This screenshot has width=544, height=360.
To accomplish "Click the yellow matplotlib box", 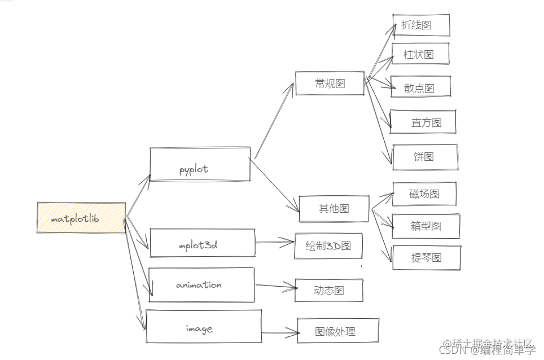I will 81,218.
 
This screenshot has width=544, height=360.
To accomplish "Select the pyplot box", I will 200,165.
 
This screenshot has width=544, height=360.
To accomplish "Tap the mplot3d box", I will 202,244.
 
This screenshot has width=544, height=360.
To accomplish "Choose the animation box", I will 201,285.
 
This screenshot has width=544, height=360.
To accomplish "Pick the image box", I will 203,327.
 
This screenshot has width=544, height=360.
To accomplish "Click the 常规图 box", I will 330,84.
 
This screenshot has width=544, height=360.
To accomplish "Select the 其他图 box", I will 334,208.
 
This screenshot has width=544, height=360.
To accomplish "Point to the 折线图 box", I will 421,25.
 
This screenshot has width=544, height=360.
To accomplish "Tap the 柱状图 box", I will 421,54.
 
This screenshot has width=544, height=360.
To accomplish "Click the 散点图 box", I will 421,87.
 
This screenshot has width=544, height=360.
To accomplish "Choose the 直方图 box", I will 423,122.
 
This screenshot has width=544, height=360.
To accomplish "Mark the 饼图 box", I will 424,157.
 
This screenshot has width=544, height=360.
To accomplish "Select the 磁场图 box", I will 424,194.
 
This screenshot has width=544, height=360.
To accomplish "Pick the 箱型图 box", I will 425,226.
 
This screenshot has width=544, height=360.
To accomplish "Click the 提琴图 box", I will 426,258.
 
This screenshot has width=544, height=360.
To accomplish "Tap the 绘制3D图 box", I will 328,246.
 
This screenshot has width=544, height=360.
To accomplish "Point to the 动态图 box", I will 329,291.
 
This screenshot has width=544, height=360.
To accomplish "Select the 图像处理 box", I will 337,331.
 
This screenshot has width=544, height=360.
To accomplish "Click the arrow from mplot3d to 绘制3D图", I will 275,243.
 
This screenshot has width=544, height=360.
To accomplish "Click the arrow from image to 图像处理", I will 279,332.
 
